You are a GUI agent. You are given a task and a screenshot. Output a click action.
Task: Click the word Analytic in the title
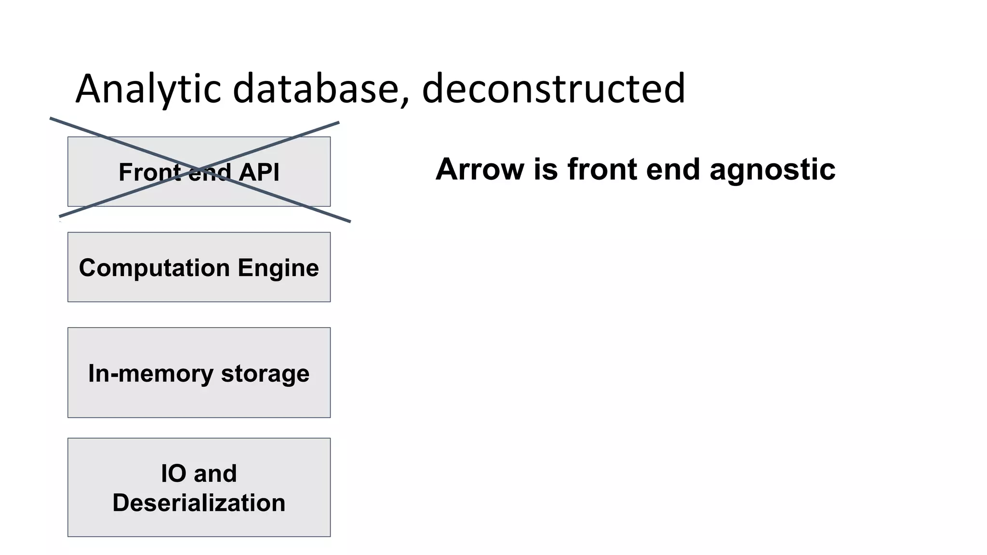coord(148,89)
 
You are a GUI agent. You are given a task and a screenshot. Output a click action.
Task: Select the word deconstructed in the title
coord(553,89)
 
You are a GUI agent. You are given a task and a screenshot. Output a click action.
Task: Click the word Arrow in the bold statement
coord(480,170)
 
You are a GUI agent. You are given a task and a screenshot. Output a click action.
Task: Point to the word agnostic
coord(773,170)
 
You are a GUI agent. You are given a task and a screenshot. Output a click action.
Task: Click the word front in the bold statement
coord(602,170)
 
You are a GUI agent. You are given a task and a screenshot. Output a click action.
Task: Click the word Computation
coord(154,268)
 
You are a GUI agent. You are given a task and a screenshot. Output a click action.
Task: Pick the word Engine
coord(278,268)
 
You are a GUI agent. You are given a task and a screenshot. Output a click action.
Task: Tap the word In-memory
coord(150,373)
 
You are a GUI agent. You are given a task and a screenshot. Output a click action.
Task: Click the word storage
coord(265,373)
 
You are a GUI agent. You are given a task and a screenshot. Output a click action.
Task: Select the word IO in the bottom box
coord(173,473)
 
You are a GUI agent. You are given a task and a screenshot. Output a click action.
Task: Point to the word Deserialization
coord(199,502)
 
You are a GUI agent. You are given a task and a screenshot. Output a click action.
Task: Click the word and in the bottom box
coord(215,473)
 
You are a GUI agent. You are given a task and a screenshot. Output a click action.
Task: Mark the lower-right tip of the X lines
coord(349,221)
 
